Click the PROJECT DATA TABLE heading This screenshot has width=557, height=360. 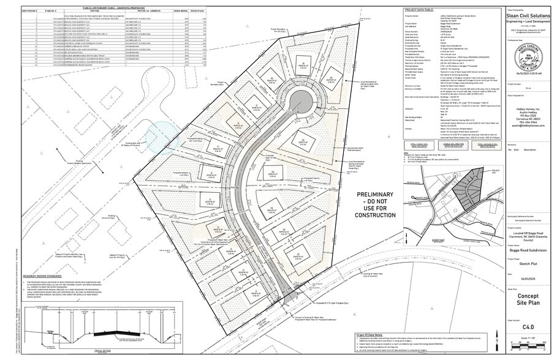click(419, 10)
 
